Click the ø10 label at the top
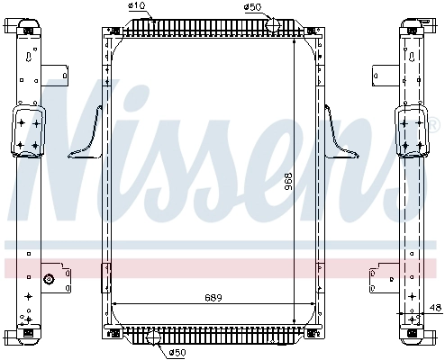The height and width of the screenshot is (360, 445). pos(136,6)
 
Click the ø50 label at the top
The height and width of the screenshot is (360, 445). pos(252,7)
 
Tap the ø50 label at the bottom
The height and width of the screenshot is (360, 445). pos(177,352)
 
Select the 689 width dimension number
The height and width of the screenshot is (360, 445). pos(213,298)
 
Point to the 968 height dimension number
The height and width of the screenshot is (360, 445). pos(288,182)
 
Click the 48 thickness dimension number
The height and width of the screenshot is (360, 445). pos(436,308)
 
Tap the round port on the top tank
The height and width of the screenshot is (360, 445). pos(273,24)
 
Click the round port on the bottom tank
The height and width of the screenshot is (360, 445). pos(153,337)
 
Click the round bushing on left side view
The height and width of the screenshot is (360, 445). pos(49,279)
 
